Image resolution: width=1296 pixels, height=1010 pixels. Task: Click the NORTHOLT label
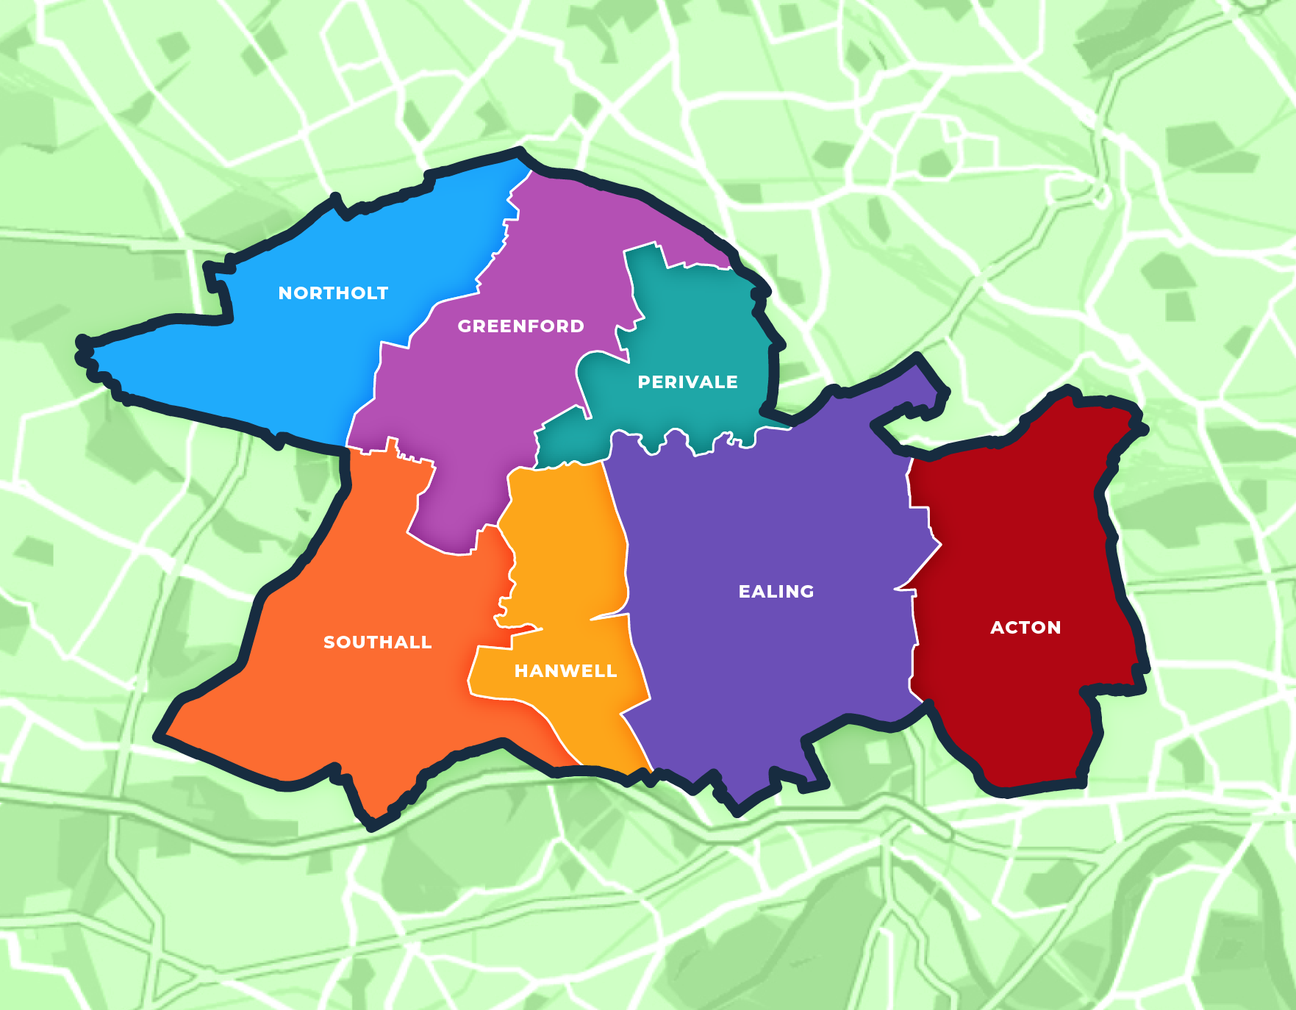coord(333,293)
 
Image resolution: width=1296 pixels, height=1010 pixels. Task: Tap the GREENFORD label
coord(520,326)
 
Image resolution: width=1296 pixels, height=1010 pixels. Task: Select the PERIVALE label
coord(687,382)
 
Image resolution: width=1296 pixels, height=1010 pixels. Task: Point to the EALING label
coord(776,591)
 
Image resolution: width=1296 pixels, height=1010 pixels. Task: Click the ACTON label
coord(1025,627)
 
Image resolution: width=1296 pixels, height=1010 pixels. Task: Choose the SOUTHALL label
coord(377,642)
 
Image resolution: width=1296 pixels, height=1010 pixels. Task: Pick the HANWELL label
coord(565,670)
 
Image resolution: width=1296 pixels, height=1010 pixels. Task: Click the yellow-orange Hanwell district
coord(566,559)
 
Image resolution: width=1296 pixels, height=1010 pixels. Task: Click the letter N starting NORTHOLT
coord(284,293)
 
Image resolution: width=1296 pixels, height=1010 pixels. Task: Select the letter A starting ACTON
coord(997,627)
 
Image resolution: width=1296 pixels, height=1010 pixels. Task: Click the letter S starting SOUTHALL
coord(329,642)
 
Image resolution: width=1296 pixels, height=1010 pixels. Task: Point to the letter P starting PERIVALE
coord(643,382)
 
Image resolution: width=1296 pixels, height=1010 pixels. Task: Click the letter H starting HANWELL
coord(520,670)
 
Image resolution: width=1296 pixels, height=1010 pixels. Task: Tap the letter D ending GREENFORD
coord(577,326)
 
